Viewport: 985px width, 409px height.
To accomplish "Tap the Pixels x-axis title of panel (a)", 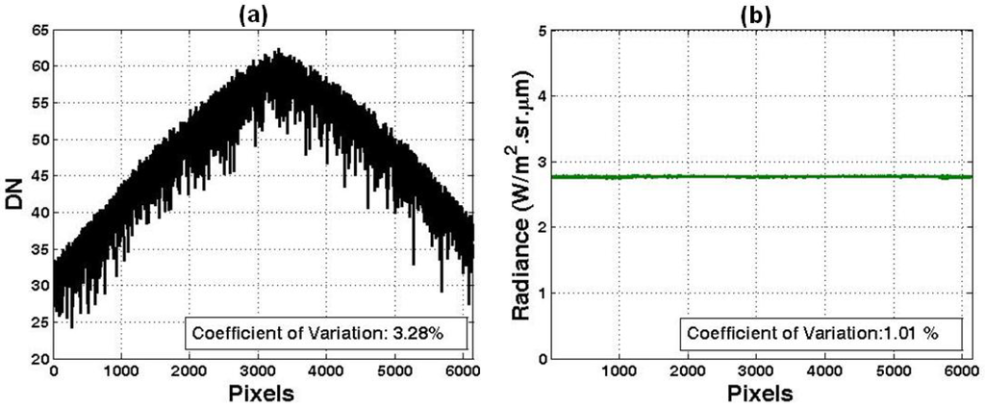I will [263, 395].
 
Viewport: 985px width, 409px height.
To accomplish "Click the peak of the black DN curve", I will [277, 50].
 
